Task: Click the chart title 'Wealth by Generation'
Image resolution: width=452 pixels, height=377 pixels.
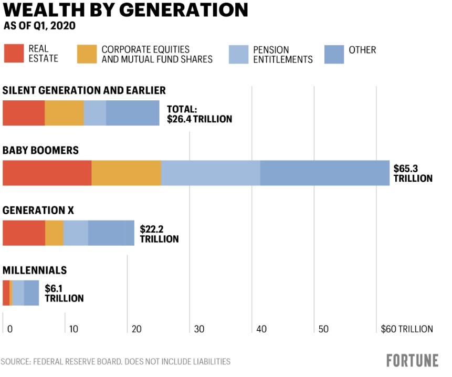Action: [125, 10]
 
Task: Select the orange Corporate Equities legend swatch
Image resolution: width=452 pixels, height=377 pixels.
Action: [87, 54]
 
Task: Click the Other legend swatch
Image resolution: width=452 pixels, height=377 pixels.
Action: [334, 54]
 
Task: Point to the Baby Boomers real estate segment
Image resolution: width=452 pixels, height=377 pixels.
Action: [47, 173]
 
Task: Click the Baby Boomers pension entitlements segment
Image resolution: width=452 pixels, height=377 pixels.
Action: [211, 173]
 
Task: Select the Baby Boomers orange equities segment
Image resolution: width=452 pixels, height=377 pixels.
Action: [126, 173]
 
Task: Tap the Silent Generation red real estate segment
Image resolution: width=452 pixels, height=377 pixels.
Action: [24, 113]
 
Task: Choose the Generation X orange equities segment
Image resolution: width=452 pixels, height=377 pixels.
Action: [54, 233]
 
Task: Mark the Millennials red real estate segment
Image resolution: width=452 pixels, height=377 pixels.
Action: [6, 293]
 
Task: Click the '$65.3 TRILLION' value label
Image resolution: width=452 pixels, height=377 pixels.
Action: [413, 173]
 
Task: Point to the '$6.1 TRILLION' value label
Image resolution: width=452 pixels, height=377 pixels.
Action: [64, 293]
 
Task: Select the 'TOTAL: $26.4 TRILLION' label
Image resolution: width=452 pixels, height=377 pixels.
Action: [199, 114]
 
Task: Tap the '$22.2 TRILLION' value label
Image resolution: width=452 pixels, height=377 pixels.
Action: [159, 234]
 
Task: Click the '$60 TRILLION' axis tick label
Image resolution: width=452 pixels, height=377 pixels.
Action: [407, 329]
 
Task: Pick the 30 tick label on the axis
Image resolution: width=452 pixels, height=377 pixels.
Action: [199, 329]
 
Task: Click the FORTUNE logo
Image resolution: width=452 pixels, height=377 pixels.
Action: [412, 361]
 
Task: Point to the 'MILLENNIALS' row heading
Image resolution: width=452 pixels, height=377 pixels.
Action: [35, 270]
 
